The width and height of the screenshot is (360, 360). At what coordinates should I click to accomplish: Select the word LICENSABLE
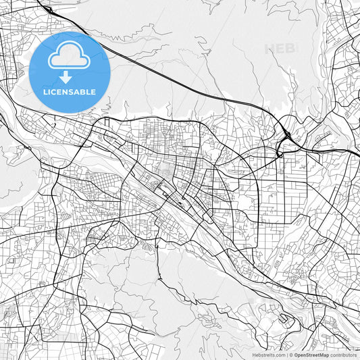[x=69, y=91]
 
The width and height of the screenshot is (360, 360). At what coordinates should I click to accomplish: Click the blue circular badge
[x=69, y=72]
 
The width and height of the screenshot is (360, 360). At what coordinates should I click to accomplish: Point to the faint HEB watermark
[x=280, y=49]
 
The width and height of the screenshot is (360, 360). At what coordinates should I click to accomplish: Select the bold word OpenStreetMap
[x=311, y=355]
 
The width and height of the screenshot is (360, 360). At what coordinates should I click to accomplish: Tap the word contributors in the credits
[x=343, y=355]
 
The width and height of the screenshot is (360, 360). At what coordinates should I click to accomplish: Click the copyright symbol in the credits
[x=290, y=355]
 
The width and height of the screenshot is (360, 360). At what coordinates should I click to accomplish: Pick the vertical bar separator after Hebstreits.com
[x=286, y=355]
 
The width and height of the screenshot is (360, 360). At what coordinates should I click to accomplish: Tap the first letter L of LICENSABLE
[x=45, y=91]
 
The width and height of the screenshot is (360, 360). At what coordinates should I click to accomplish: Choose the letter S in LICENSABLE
[x=70, y=91]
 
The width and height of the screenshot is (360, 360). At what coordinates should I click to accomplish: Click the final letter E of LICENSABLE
[x=93, y=91]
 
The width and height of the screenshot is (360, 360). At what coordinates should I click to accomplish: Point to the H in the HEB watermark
[x=270, y=49]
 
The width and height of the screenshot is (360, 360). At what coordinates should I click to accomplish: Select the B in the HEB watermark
[x=290, y=49]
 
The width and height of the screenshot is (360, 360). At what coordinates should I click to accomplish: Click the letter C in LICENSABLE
[x=52, y=91]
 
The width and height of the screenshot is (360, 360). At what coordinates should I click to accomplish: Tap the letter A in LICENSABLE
[x=76, y=91]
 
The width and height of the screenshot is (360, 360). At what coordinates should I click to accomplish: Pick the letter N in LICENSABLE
[x=64, y=91]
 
